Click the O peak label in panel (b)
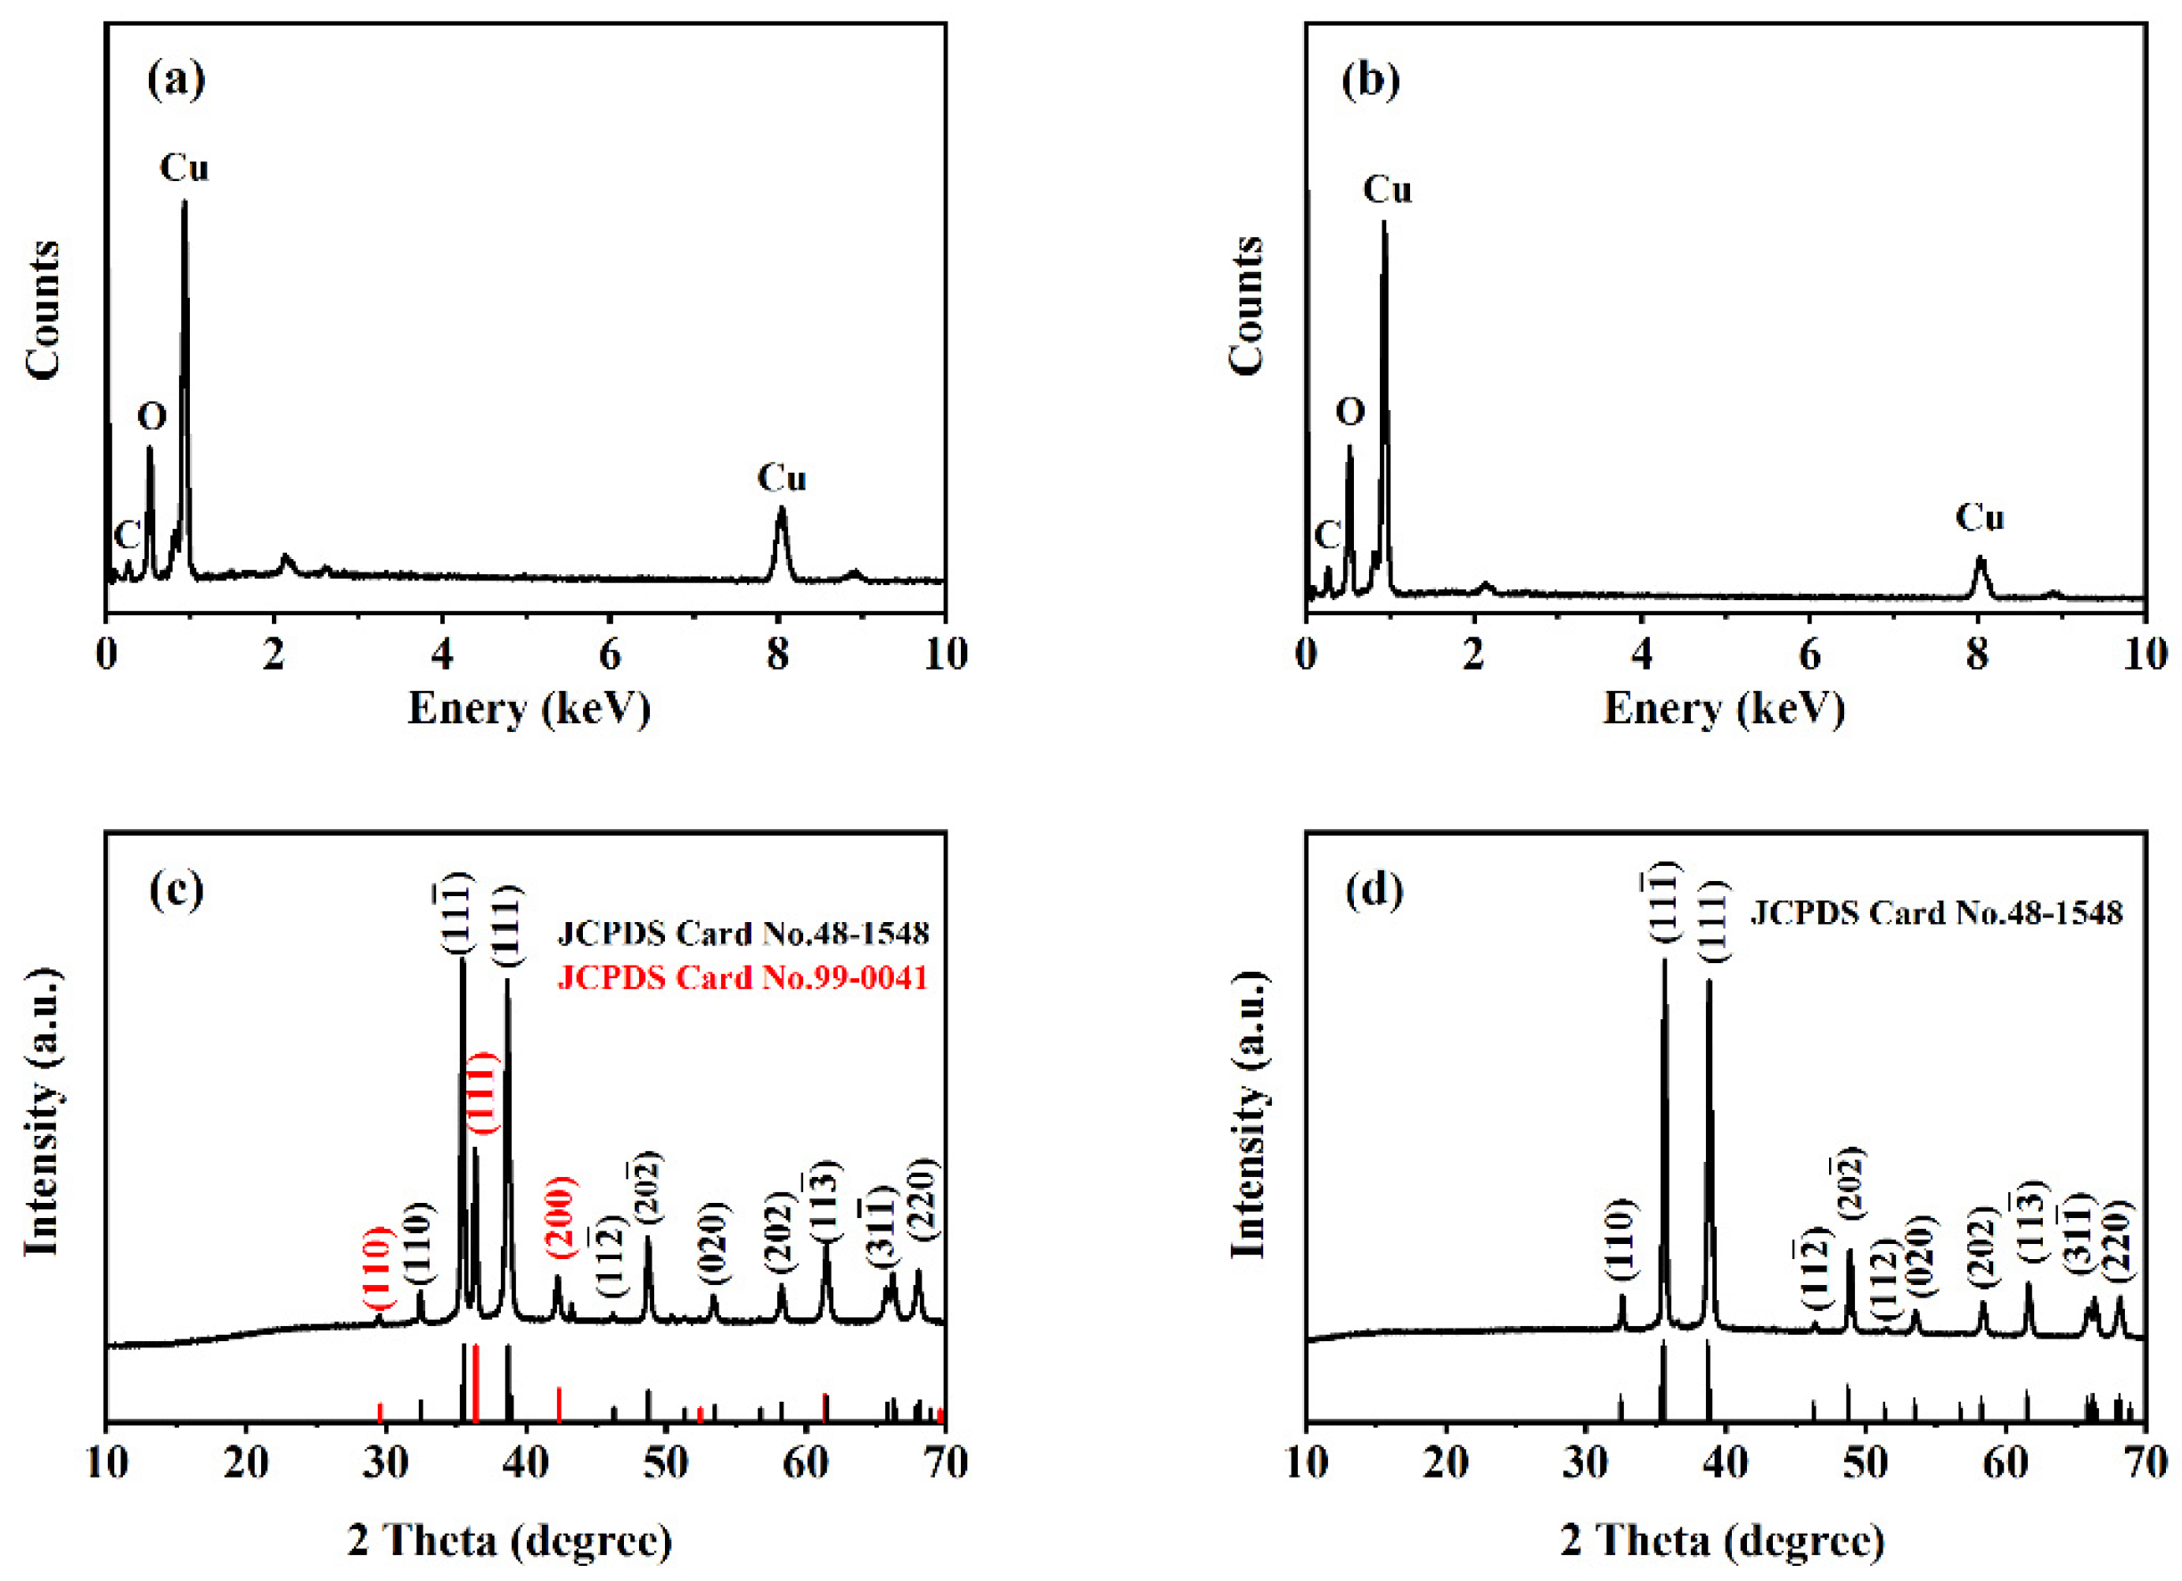(x=1349, y=412)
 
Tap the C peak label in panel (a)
(x=127, y=536)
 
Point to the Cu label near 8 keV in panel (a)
(x=781, y=478)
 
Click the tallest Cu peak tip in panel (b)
(x=1383, y=223)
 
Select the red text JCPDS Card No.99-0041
(x=742, y=977)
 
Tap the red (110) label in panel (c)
(x=378, y=1267)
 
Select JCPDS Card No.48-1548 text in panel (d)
(x=1936, y=912)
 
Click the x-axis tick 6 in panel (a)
(x=609, y=655)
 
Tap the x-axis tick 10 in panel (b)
(x=2145, y=655)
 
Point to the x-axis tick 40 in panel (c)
(x=525, y=1462)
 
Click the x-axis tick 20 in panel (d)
(x=1445, y=1462)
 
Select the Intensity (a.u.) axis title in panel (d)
(x=1248, y=1115)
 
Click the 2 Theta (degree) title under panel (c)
(x=510, y=1541)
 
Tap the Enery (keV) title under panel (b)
(x=1724, y=708)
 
